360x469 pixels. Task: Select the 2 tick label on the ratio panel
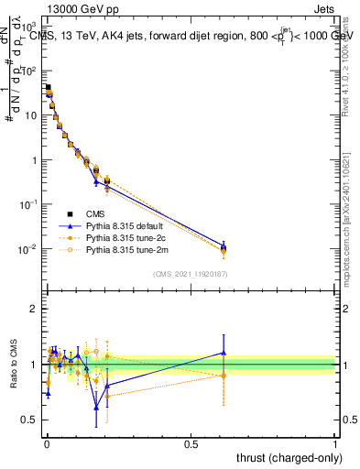pos(34,309)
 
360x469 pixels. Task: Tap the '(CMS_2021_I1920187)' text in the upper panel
pos(190,274)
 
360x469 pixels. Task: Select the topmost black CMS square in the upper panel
pos(48,88)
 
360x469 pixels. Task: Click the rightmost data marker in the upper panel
pos(223,247)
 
